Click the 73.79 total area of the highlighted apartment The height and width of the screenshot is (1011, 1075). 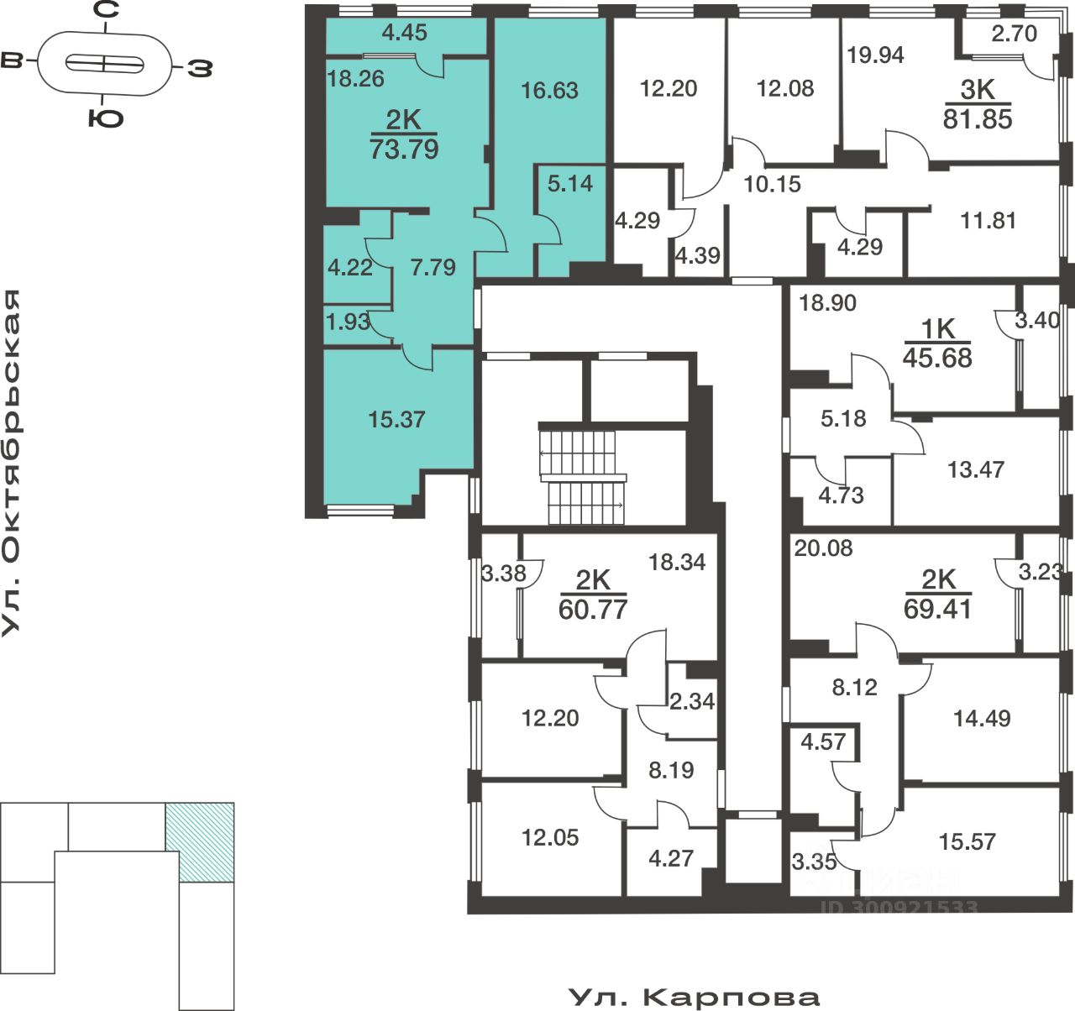pos(404,149)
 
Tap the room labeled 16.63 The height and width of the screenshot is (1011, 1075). pos(549,90)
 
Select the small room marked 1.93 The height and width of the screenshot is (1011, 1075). pos(348,322)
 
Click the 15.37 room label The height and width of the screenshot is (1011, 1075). pos(396,418)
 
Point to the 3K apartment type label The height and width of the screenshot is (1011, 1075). pos(977,90)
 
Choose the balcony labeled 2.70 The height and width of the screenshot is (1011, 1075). pos(1014,34)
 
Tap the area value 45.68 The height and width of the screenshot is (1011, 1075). pos(937,358)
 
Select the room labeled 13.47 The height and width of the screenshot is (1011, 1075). pos(976,469)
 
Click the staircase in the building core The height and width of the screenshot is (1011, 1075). pos(583,476)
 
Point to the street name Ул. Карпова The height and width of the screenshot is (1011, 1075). pos(694,997)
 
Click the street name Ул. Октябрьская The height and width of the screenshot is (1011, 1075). pos(12,462)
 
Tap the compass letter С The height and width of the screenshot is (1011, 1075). pos(105,11)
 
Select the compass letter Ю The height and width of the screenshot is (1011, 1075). pos(106,117)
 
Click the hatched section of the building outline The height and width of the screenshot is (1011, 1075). pos(200,841)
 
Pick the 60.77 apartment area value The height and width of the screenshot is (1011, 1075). pos(593,609)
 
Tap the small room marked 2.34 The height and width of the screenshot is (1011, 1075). pos(691,700)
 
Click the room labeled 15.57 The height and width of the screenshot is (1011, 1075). pos(967,841)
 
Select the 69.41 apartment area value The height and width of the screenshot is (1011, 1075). pos(937,609)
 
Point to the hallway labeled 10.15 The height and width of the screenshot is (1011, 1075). pos(773,183)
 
